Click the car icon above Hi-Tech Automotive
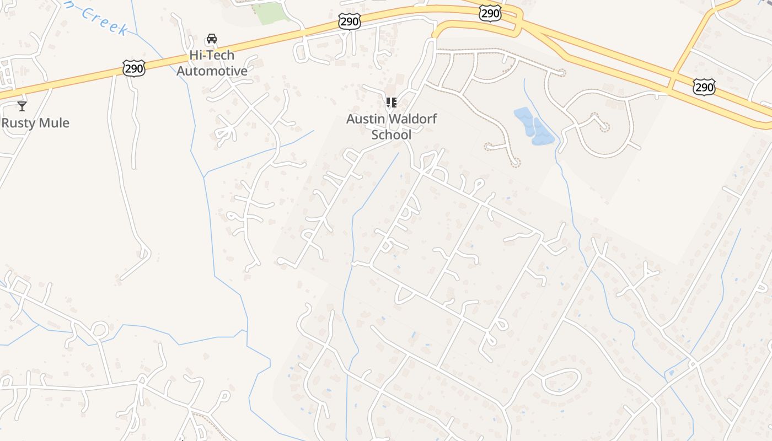click(211, 39)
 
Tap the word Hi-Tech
click(212, 55)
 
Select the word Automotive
click(212, 71)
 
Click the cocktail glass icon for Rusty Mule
click(22, 106)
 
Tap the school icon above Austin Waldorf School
click(391, 103)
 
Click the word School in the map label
click(391, 135)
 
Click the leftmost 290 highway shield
click(134, 68)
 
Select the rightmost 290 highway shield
click(704, 87)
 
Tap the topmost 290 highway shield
click(490, 13)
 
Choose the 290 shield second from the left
click(350, 22)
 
